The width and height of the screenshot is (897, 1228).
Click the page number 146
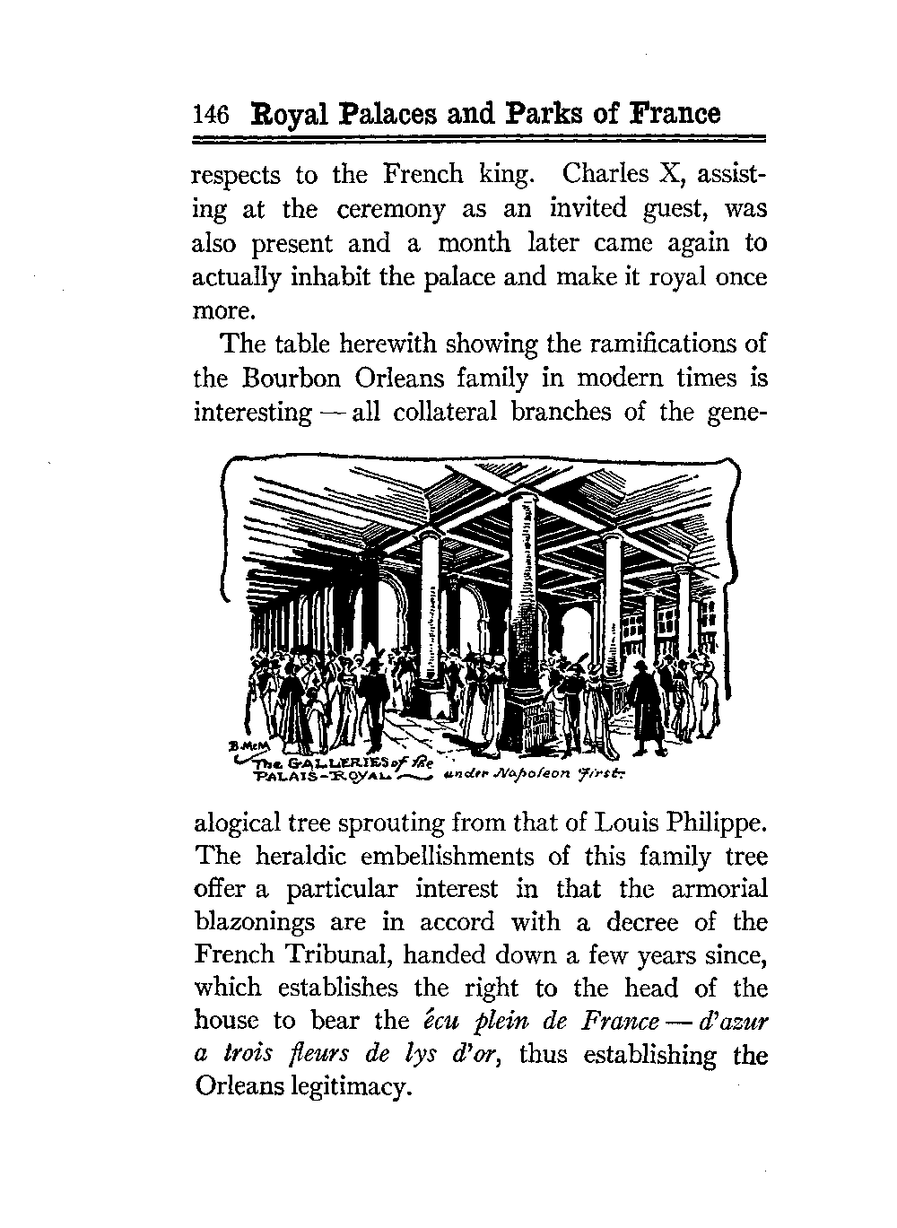point(212,115)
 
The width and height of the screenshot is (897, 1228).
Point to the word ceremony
point(390,209)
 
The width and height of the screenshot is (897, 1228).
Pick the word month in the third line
point(474,243)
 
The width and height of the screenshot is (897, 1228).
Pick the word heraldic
point(298,856)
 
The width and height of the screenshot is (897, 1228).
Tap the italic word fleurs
point(295,1055)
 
